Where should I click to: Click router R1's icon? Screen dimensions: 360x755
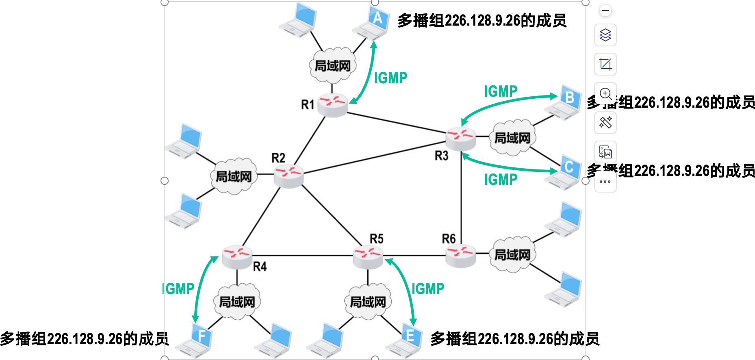[x=333, y=105]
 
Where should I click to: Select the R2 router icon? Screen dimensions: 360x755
[x=289, y=176]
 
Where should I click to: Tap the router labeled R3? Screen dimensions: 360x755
[x=460, y=139]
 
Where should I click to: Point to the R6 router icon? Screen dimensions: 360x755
[x=460, y=256]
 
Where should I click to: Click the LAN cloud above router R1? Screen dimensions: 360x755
[x=332, y=65]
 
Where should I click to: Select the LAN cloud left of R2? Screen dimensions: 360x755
[x=234, y=176]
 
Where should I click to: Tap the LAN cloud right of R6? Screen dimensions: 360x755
[x=512, y=254]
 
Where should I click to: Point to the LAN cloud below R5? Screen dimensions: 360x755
[x=368, y=301]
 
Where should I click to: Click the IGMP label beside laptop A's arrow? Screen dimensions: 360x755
[x=391, y=78]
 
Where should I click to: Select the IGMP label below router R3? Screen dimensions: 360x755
[x=501, y=179]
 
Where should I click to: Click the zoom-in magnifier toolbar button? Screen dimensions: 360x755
[x=605, y=93]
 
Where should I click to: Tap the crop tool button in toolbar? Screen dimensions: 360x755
[x=605, y=64]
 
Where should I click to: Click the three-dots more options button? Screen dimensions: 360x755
[x=605, y=182]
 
